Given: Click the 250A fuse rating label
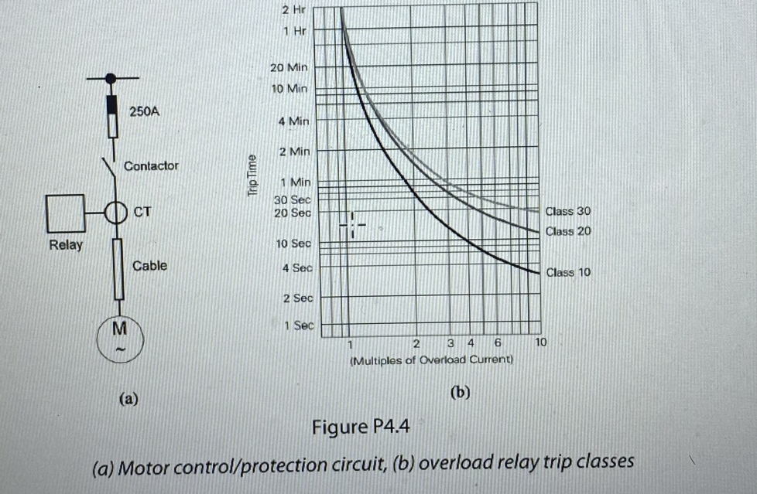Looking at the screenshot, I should click(144, 111).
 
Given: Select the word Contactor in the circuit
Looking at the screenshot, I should click(151, 165).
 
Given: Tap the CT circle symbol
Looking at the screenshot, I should click(115, 212).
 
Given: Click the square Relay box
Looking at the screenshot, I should click(65, 214).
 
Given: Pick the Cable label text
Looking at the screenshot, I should click(149, 266).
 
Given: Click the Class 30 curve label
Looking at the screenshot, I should click(568, 211).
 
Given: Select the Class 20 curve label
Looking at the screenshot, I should click(568, 231).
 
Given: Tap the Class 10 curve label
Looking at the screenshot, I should click(568, 272).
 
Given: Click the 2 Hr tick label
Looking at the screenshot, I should click(294, 10).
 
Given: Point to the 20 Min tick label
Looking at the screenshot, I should click(289, 67).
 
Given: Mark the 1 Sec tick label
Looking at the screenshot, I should click(298, 325).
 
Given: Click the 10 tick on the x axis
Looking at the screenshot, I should click(541, 341).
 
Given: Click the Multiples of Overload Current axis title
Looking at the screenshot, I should click(431, 360).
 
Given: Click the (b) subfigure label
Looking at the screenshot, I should click(460, 393).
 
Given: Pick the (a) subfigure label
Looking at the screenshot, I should click(128, 399).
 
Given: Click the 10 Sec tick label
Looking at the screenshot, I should click(293, 244).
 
